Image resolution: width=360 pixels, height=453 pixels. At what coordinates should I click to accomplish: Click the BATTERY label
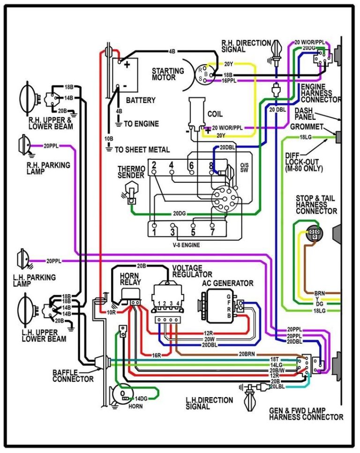pyautogui.click(x=141, y=101)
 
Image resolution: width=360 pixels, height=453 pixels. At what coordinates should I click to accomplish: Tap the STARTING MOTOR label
pyautogui.click(x=167, y=74)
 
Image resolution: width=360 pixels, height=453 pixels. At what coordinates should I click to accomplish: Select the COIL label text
pyautogui.click(x=215, y=114)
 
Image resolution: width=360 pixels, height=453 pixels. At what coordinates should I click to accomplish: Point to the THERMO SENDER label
pyautogui.click(x=131, y=172)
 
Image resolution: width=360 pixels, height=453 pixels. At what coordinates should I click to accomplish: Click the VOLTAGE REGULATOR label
pyautogui.click(x=192, y=271)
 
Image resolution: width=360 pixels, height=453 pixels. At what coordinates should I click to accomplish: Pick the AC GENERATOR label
pyautogui.click(x=228, y=283)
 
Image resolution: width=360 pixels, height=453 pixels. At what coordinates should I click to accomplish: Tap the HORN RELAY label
pyautogui.click(x=129, y=279)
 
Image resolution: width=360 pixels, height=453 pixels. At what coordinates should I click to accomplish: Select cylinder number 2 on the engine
pyautogui.click(x=154, y=165)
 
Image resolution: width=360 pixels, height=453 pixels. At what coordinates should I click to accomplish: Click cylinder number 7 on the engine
pyautogui.click(x=212, y=231)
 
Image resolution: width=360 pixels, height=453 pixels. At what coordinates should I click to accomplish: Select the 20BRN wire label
pyautogui.click(x=248, y=354)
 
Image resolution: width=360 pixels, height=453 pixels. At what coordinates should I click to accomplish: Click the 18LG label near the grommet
pyautogui.click(x=305, y=137)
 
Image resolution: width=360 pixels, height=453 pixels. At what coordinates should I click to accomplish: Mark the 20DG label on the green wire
pyautogui.click(x=179, y=214)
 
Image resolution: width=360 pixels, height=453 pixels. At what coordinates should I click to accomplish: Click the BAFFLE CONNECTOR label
pyautogui.click(x=73, y=375)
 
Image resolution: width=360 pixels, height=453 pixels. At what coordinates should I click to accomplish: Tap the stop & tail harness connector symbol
pyautogui.click(x=314, y=234)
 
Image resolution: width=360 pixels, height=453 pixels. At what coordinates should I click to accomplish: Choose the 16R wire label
pyautogui.click(x=157, y=356)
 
